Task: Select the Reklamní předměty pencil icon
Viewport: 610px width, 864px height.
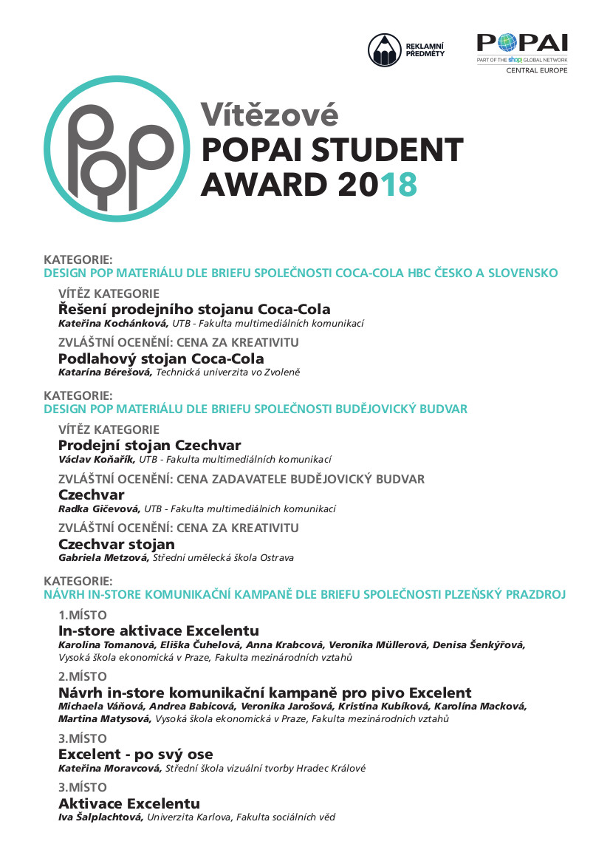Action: click(384, 50)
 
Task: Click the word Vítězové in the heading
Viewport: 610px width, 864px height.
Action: click(270, 115)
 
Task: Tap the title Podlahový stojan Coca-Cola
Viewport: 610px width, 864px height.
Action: click(161, 358)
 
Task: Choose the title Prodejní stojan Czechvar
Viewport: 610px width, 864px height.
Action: click(149, 445)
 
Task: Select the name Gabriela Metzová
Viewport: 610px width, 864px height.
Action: click(103, 558)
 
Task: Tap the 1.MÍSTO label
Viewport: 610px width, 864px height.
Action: click(83, 615)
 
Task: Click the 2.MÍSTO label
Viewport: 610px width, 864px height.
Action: click(83, 676)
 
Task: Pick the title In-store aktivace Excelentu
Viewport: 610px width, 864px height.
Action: click(159, 630)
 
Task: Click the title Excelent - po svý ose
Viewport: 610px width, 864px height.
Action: click(135, 754)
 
